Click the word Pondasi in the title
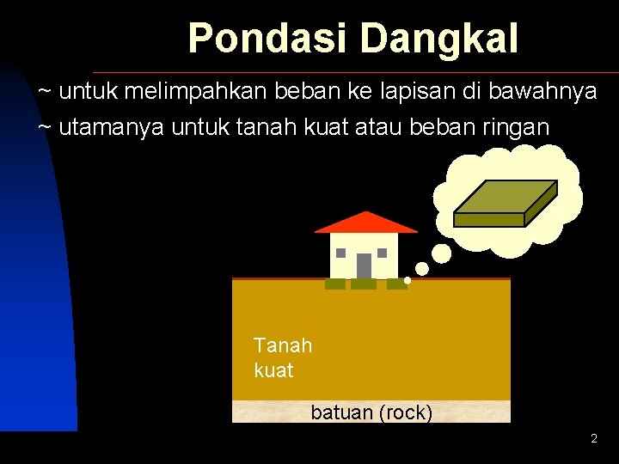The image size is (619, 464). (269, 39)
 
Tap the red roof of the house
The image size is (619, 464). (366, 223)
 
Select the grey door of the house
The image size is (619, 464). (364, 266)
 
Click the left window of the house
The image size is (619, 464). (341, 253)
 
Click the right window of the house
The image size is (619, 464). (383, 253)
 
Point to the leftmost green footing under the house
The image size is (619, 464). (334, 284)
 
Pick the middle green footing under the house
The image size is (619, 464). (364, 284)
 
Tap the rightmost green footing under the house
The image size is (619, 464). (396, 284)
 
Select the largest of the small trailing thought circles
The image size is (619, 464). (441, 253)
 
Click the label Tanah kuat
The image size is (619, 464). (283, 358)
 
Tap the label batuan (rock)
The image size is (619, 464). (371, 413)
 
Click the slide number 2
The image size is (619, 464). (593, 439)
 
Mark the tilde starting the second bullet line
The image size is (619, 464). (45, 127)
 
